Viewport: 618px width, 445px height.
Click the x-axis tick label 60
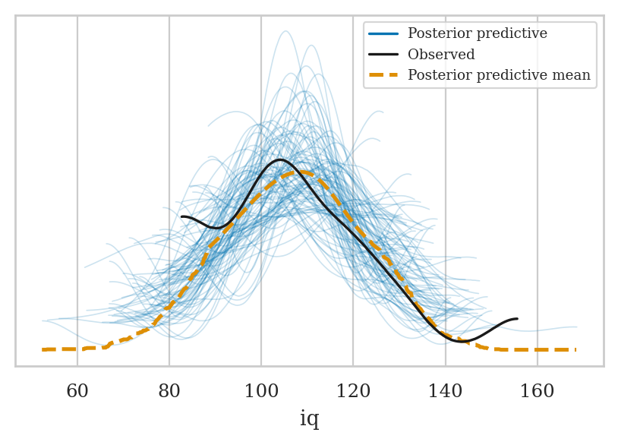[x=77, y=392]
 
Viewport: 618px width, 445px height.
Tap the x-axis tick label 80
[x=169, y=392]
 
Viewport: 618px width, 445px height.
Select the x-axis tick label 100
[x=261, y=392]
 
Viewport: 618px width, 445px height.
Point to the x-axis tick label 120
[x=353, y=392]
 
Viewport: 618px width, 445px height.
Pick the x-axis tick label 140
[x=445, y=392]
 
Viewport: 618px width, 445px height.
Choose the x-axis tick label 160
[x=537, y=392]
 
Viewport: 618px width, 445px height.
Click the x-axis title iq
[x=309, y=419]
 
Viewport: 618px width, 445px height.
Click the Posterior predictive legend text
[x=477, y=34]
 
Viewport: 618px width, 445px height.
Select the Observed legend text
[x=441, y=55]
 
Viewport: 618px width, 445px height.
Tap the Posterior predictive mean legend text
[x=499, y=75]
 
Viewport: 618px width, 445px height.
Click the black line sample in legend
[x=384, y=55]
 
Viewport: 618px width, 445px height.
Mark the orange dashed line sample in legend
[x=384, y=75]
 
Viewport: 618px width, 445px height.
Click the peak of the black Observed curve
[x=280, y=159]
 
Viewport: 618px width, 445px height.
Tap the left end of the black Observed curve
[x=182, y=217]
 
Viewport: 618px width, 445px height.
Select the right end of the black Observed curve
[x=517, y=319]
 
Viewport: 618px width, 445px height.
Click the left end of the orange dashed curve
[x=43, y=349]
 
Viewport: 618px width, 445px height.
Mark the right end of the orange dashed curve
[x=575, y=349]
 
